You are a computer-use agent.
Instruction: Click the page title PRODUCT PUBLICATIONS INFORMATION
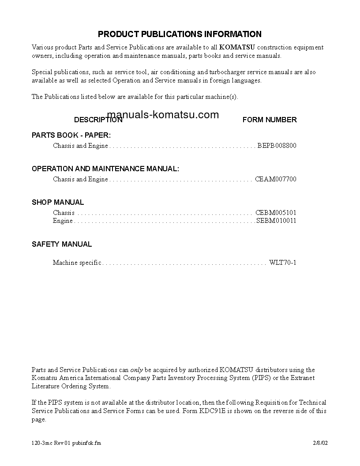pyautogui.click(x=180, y=34)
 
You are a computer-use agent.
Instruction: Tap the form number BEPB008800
pyautogui.click(x=277, y=146)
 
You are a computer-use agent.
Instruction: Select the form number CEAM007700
pyautogui.click(x=276, y=179)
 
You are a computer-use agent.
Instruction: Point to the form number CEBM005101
pyautogui.click(x=276, y=213)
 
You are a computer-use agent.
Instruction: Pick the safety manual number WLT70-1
pyautogui.click(x=283, y=263)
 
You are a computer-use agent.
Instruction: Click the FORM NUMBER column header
pyautogui.click(x=270, y=120)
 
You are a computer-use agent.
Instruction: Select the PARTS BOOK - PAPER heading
pyautogui.click(x=71, y=135)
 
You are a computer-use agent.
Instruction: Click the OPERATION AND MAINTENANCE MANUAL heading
pyautogui.click(x=105, y=169)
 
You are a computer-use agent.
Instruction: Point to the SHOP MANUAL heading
pyautogui.click(x=58, y=202)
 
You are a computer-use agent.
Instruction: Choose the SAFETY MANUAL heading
pyautogui.click(x=62, y=244)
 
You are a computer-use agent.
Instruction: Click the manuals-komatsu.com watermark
pyautogui.click(x=163, y=115)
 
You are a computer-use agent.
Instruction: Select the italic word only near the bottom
pyautogui.click(x=137, y=370)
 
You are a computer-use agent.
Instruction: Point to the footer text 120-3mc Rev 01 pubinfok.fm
pyautogui.click(x=66, y=443)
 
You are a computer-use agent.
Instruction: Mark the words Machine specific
pyautogui.click(x=77, y=263)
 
